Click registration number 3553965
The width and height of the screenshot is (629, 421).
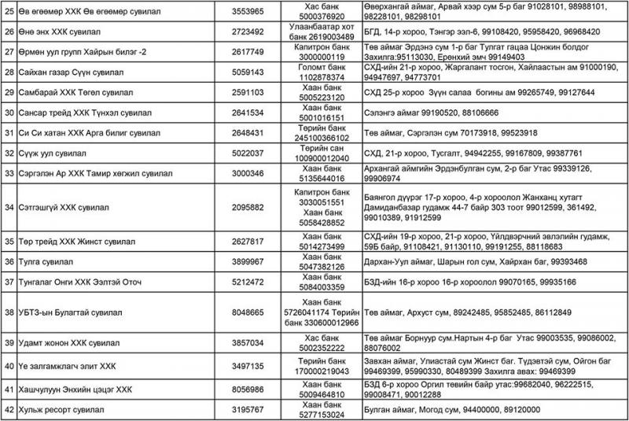[248, 12]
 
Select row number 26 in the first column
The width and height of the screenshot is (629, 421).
[9, 33]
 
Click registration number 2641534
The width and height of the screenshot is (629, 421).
[248, 113]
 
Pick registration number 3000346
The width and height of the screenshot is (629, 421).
[248, 172]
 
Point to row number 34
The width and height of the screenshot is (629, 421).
[9, 207]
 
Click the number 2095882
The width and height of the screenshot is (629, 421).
[248, 207]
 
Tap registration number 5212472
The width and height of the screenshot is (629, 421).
[248, 281]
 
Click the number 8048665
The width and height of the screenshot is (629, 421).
[248, 312]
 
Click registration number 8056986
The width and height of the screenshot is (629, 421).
[248, 390]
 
